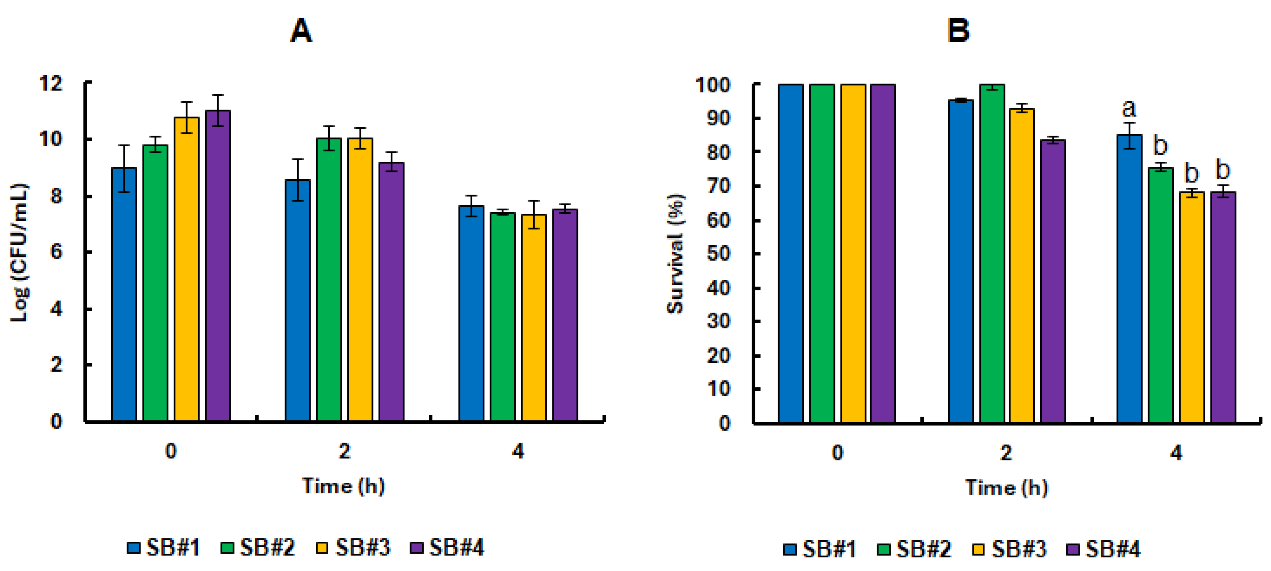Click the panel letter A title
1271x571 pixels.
click(x=301, y=30)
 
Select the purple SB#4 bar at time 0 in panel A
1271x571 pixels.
click(x=218, y=266)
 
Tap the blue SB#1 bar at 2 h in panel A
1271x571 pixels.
click(x=298, y=301)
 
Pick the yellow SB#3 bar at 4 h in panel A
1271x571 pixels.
click(x=533, y=318)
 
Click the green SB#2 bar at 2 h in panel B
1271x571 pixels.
click(x=992, y=254)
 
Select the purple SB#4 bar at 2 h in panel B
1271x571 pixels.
click(x=1053, y=281)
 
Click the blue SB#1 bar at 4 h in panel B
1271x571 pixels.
click(x=1129, y=279)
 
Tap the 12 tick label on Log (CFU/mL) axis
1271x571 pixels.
click(x=51, y=83)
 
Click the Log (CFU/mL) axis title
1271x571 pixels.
click(x=20, y=253)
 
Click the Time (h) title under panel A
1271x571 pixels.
click(x=344, y=486)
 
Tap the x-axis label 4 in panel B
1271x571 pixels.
click(x=1176, y=453)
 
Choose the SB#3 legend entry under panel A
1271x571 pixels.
click(x=353, y=548)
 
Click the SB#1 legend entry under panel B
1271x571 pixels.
click(x=820, y=549)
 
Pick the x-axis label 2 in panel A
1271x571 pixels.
click(x=344, y=451)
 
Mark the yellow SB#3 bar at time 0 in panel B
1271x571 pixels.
click(x=853, y=254)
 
